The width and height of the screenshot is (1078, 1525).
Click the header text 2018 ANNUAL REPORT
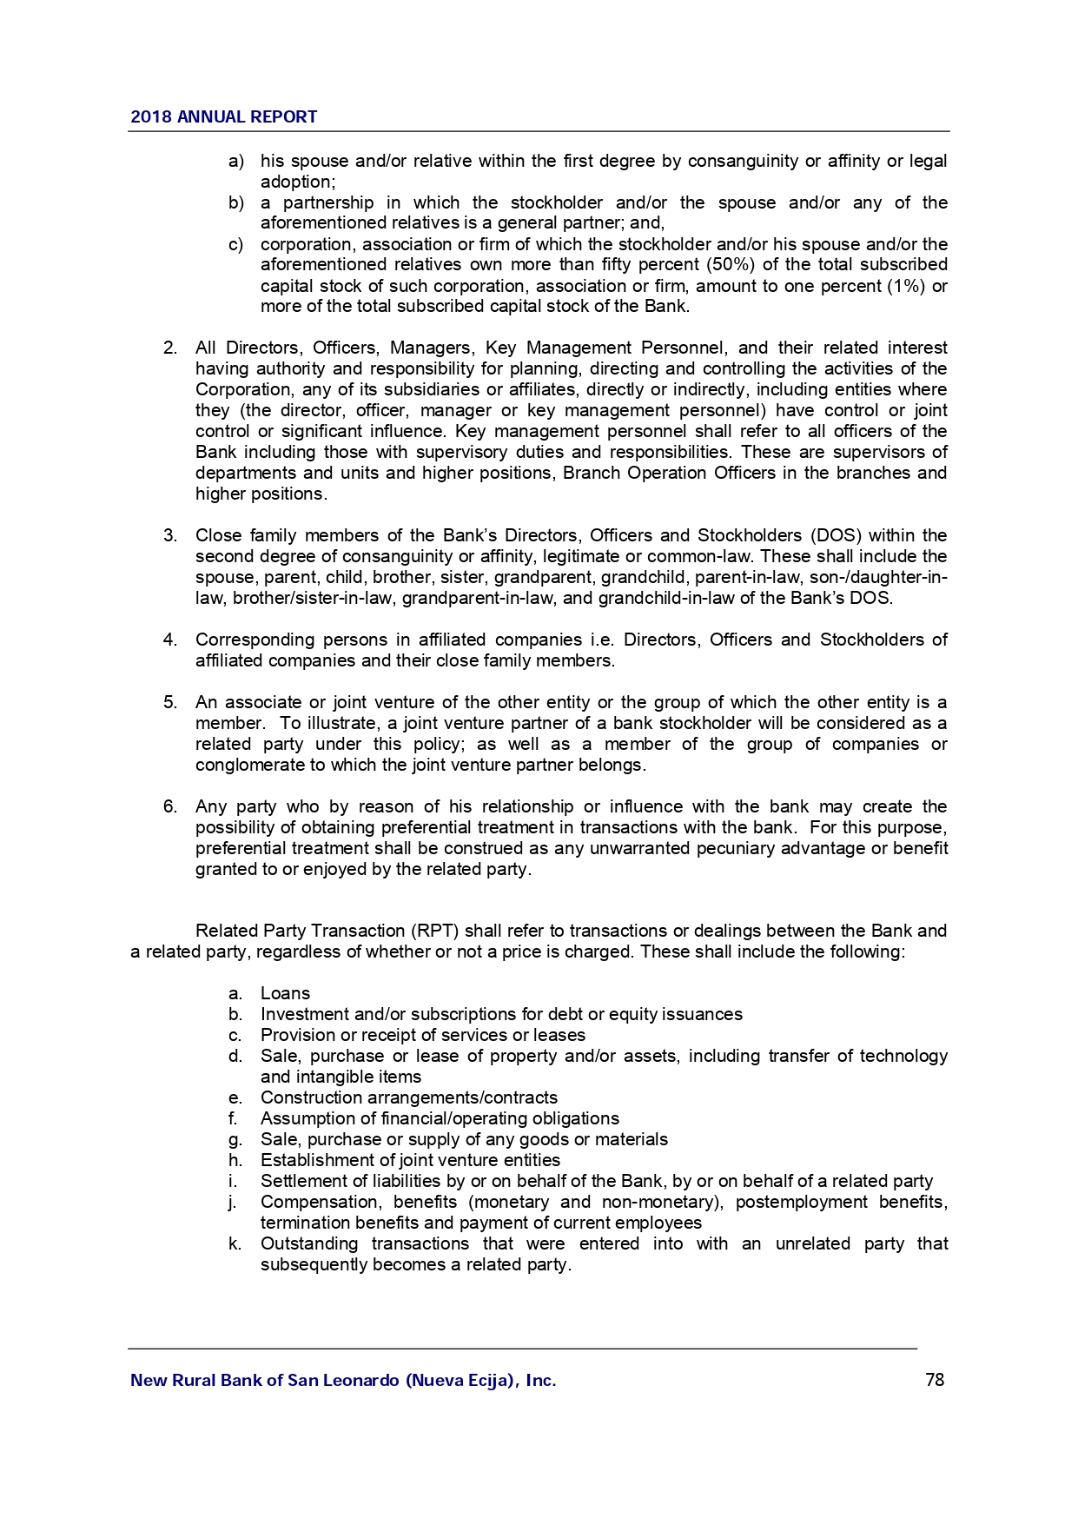[223, 117]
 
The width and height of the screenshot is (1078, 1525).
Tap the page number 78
[935, 1380]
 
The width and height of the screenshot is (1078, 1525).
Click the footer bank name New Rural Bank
[343, 1380]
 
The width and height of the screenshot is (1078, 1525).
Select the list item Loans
[285, 993]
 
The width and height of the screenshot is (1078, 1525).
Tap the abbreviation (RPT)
[435, 931]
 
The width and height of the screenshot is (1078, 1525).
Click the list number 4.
[170, 640]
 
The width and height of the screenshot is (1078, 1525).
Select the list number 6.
[170, 806]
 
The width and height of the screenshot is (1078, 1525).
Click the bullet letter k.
[234, 1243]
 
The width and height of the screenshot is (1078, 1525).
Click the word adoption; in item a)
[298, 182]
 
